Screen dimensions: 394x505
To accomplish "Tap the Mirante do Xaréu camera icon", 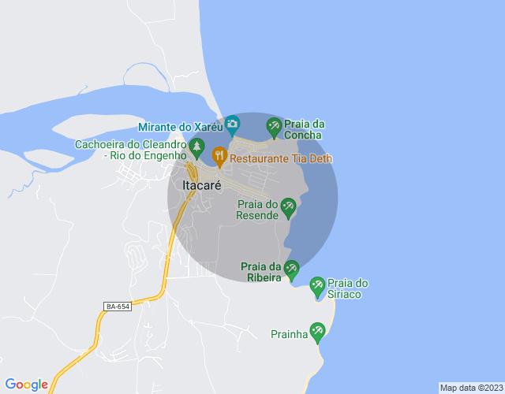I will click(232, 124).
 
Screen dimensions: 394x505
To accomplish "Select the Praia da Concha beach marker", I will click(274, 125).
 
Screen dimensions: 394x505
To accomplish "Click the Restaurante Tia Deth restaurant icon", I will click(219, 154).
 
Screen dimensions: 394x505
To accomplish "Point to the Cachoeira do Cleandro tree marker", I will click(196, 147).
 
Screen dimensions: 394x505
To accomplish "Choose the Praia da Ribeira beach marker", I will click(291, 269).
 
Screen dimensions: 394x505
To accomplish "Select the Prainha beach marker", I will click(317, 331).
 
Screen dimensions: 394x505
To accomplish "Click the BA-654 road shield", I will click(117, 306).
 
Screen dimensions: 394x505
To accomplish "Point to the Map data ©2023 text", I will click(470, 388).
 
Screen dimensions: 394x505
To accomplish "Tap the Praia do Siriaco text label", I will click(348, 288).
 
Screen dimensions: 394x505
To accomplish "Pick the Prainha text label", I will click(289, 334).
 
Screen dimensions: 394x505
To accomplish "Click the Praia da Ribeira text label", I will click(261, 271).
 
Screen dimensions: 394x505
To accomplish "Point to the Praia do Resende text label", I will click(258, 210).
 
